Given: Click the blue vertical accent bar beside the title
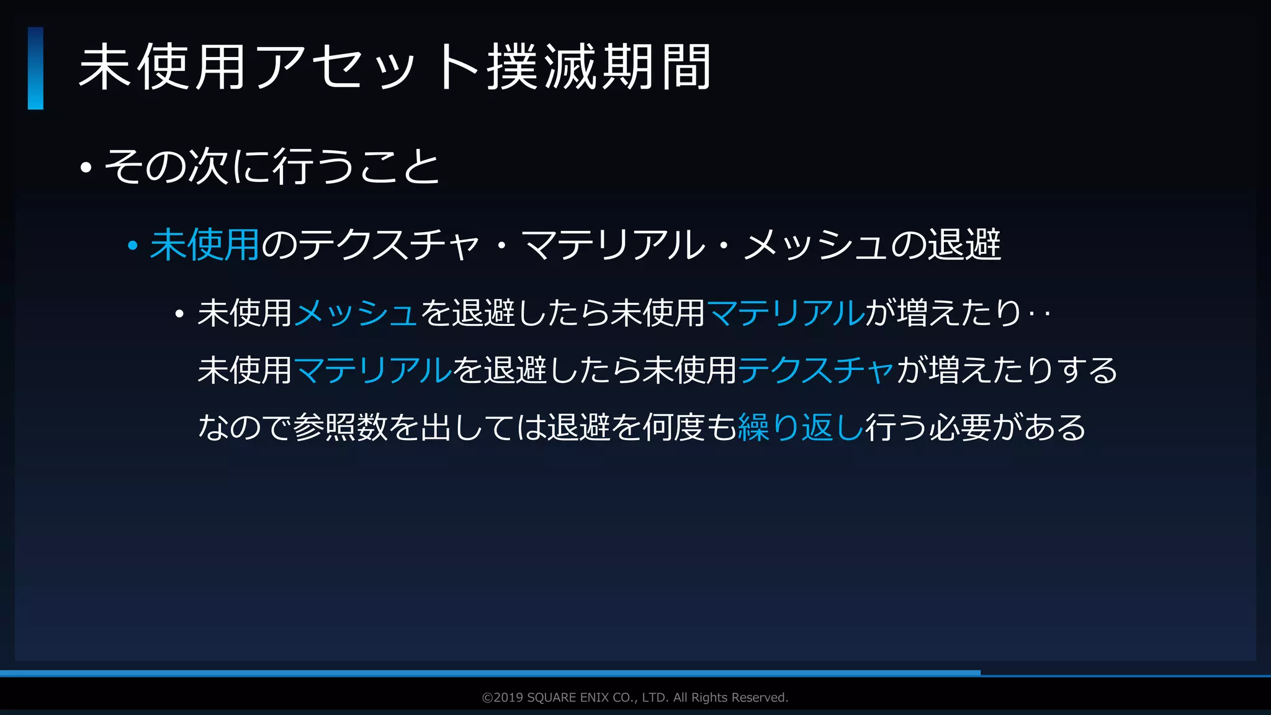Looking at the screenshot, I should (x=35, y=68).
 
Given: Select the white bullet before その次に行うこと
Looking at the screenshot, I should (x=86, y=168).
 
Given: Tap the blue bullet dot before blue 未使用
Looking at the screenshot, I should (x=132, y=246).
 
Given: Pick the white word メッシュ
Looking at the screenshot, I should (x=815, y=245).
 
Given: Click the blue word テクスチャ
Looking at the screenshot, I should (x=815, y=370).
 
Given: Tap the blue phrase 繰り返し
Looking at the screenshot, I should (x=801, y=427).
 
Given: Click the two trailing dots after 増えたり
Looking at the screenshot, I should (x=1040, y=314).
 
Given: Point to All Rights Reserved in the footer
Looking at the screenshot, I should (x=730, y=698).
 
